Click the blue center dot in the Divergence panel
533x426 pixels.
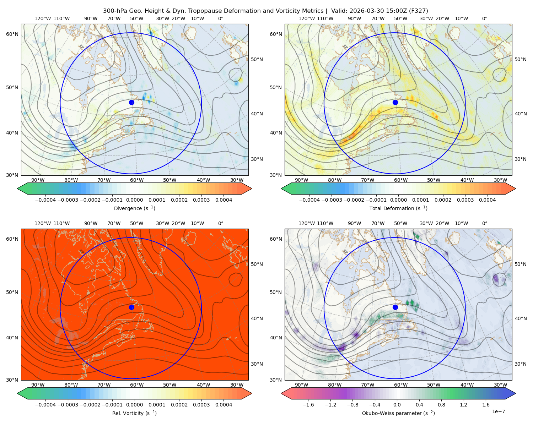[x=131, y=102]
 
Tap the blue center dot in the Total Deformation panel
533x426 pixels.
[x=395, y=102]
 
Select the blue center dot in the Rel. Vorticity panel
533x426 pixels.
[x=131, y=307]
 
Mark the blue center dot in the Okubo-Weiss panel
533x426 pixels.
[x=395, y=307]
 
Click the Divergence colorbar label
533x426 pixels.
[x=134, y=208]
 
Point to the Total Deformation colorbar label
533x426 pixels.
[x=398, y=208]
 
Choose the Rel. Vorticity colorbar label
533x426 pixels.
[x=134, y=413]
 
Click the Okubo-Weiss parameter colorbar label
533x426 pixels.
[x=398, y=413]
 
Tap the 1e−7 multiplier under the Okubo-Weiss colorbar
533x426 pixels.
[x=498, y=411]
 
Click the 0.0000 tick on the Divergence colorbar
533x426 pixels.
[x=134, y=200]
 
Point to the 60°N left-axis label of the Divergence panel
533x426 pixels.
[x=12, y=34]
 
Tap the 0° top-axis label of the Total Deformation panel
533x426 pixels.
[x=484, y=18]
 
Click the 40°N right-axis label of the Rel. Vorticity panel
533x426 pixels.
[x=257, y=318]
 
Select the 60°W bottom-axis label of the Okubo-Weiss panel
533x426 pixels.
[x=400, y=385]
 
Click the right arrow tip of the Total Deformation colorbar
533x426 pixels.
[x=516, y=189]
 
